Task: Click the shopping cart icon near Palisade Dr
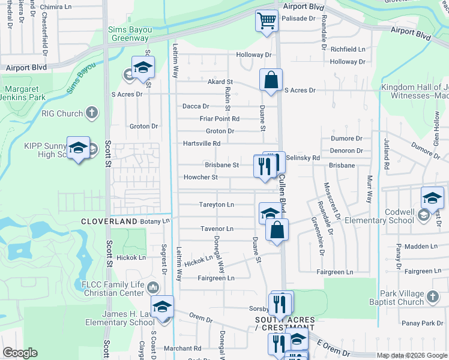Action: [267, 21]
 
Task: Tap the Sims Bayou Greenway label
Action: [128, 34]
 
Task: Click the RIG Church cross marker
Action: [91, 112]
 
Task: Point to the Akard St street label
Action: [220, 82]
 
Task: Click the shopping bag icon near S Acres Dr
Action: [271, 80]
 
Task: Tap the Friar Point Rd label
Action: [220, 119]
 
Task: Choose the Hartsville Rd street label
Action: [202, 143]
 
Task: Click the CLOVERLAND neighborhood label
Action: [110, 221]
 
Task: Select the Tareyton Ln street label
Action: [216, 205]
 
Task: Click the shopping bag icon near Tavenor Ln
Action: [277, 230]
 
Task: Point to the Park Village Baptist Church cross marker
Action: [433, 295]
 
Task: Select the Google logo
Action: [20, 353]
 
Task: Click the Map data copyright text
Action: [412, 355]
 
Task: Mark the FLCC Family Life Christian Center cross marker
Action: [155, 287]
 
